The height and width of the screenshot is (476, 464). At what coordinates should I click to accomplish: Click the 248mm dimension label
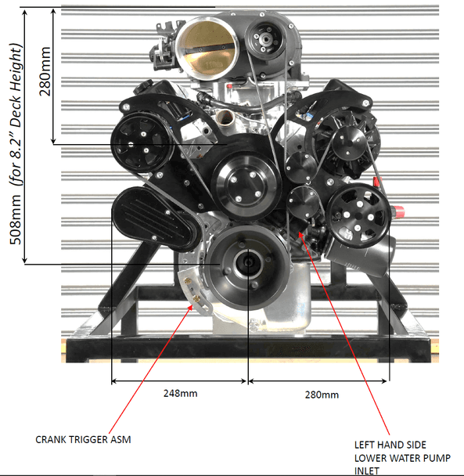pyautogui.click(x=180, y=394)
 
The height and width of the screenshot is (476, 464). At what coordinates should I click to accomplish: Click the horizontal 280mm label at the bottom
pyautogui.click(x=322, y=395)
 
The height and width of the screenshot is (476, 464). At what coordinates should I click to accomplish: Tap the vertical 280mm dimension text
pyautogui.click(x=45, y=71)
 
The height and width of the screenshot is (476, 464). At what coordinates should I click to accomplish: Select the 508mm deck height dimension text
pyautogui.click(x=16, y=144)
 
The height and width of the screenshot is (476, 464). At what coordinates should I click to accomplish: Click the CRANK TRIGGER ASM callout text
pyautogui.click(x=83, y=439)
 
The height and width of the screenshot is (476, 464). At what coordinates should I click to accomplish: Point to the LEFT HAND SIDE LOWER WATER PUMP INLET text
pyautogui.click(x=402, y=459)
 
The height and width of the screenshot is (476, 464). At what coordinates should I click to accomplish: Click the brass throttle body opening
pyautogui.click(x=207, y=49)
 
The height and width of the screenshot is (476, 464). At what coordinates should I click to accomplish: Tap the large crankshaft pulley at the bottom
pyautogui.click(x=248, y=263)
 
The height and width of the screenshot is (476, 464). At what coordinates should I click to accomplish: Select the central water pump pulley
pyautogui.click(x=246, y=186)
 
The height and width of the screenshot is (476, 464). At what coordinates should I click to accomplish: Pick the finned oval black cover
pyautogui.click(x=155, y=218)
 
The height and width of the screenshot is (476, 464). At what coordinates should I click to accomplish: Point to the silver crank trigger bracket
pyautogui.click(x=193, y=290)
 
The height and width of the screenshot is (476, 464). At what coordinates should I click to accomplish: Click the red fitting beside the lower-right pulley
pyautogui.click(x=397, y=211)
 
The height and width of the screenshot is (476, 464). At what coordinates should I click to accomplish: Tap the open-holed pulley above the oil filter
pyautogui.click(x=358, y=215)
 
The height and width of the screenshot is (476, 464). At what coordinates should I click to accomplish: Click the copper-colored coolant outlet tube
pyautogui.click(x=225, y=117)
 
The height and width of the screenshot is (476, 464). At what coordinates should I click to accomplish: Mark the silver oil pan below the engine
pyautogui.click(x=291, y=301)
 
